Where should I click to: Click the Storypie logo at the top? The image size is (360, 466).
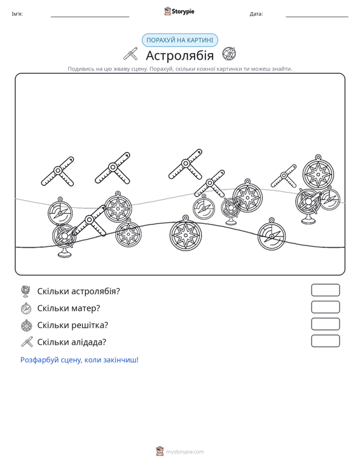179,11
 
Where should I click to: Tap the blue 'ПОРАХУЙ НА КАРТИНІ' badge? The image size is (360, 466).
179,40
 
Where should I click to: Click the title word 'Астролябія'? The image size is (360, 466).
179,55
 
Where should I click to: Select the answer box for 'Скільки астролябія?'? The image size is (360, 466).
325,290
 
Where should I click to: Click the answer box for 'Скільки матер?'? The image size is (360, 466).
325,307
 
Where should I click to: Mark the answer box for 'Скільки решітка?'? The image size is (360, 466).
325,324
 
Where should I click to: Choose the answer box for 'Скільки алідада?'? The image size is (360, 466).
325,341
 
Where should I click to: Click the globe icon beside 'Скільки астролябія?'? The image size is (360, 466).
26,291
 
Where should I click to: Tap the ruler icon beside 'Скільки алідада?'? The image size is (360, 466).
27,342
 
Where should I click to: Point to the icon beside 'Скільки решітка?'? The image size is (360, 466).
27,326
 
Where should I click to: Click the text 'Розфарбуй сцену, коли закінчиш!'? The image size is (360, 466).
80,360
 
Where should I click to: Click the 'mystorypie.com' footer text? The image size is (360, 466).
185,452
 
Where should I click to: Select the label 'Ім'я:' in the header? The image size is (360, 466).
17,14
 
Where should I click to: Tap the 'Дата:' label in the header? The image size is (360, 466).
256,14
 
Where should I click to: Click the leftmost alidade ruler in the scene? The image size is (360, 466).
58,172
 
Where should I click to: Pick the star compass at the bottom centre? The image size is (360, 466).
186,233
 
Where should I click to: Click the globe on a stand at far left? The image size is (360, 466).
64,240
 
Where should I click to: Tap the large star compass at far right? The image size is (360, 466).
318,172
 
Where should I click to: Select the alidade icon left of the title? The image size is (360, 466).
131,54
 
